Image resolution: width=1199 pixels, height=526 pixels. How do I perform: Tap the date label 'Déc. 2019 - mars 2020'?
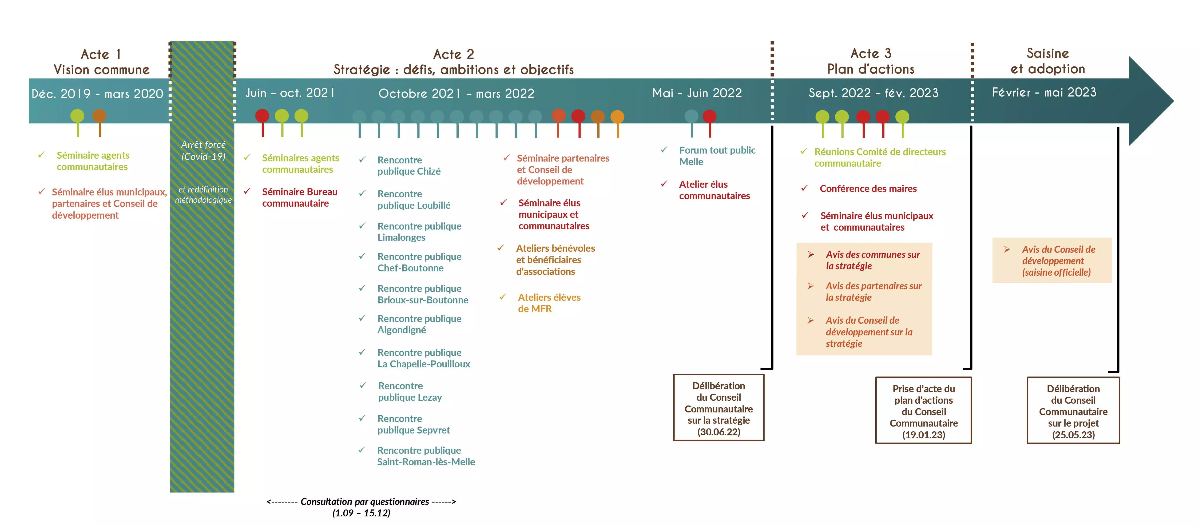pyautogui.click(x=97, y=94)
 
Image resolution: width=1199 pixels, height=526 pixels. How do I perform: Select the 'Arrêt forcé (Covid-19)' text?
pyautogui.click(x=203, y=150)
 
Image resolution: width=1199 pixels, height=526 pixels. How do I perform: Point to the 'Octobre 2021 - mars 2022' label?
pyautogui.click(x=456, y=94)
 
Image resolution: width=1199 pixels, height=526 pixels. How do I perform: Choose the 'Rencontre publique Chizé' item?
pyautogui.click(x=409, y=166)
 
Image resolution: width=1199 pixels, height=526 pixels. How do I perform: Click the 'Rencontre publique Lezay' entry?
pyautogui.click(x=410, y=392)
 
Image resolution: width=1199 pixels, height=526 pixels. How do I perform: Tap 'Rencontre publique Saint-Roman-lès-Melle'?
pyautogui.click(x=426, y=456)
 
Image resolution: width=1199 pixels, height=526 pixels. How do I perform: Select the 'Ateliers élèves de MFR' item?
pyautogui.click(x=549, y=303)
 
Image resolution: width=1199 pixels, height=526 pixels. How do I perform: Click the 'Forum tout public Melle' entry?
pyautogui.click(x=717, y=156)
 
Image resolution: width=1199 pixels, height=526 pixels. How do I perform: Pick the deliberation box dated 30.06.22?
pyautogui.click(x=719, y=407)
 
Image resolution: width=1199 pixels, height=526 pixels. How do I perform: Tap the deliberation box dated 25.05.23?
pyautogui.click(x=1073, y=410)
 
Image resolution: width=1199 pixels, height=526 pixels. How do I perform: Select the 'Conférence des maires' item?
pyautogui.click(x=868, y=188)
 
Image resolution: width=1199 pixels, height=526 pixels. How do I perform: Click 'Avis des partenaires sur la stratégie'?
pyautogui.click(x=873, y=292)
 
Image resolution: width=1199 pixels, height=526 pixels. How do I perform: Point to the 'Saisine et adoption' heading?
pyautogui.click(x=1048, y=61)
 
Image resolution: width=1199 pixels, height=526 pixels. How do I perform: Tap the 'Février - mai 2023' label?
pyautogui.click(x=1044, y=92)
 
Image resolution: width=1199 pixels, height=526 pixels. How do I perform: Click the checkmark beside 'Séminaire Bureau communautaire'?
pyautogui.click(x=247, y=191)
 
